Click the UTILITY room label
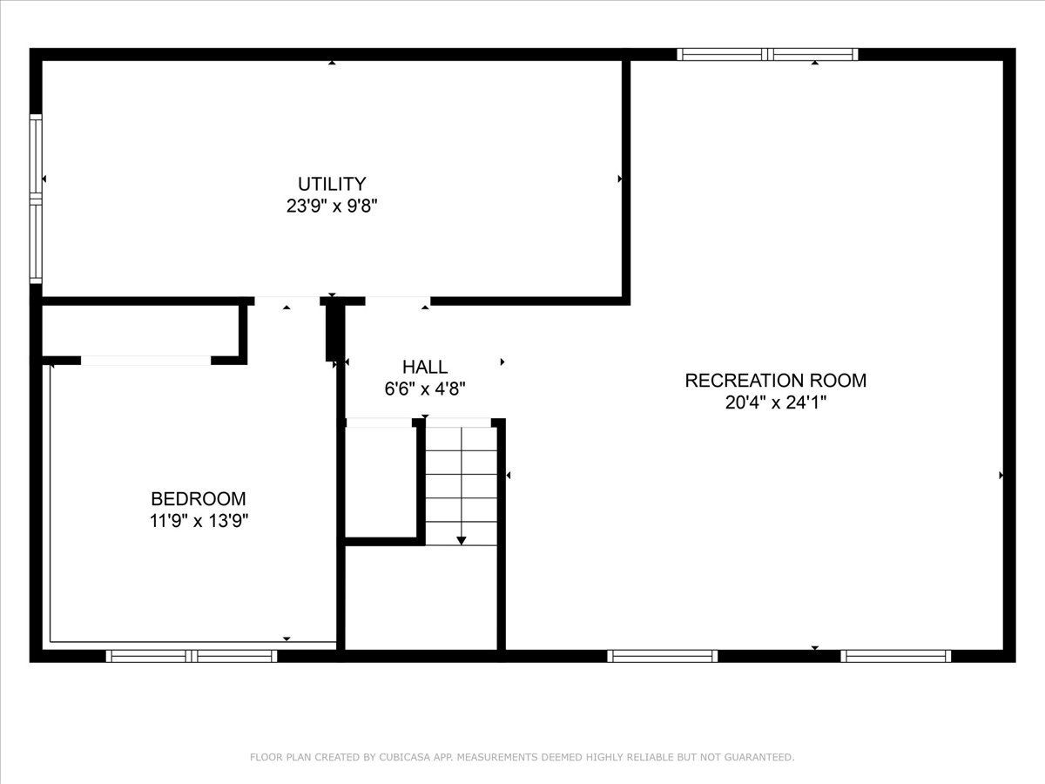tap(332, 184)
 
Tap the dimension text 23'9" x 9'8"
tap(332, 206)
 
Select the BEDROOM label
tap(199, 499)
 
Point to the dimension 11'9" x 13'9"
tap(199, 521)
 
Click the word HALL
tap(425, 367)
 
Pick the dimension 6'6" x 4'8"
tap(425, 389)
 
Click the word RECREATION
tap(745, 381)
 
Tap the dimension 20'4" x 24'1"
tap(776, 402)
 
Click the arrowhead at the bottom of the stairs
tap(462, 541)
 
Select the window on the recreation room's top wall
tap(767, 54)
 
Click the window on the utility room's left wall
tap(36, 199)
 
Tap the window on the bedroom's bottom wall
tap(192, 656)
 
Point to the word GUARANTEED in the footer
tap(761, 757)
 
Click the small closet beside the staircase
tap(381, 482)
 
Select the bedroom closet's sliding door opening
tap(145, 361)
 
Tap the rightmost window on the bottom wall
tap(895, 656)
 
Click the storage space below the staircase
tap(421, 598)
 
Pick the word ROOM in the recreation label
tap(839, 381)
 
